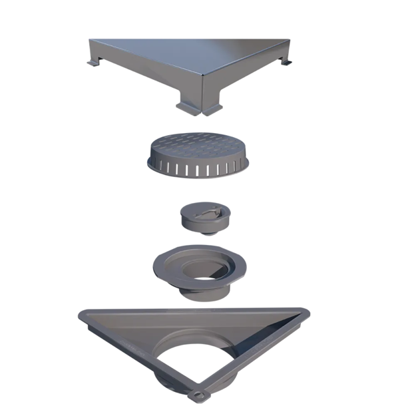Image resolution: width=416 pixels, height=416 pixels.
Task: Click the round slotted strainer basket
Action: click(x=197, y=157)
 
